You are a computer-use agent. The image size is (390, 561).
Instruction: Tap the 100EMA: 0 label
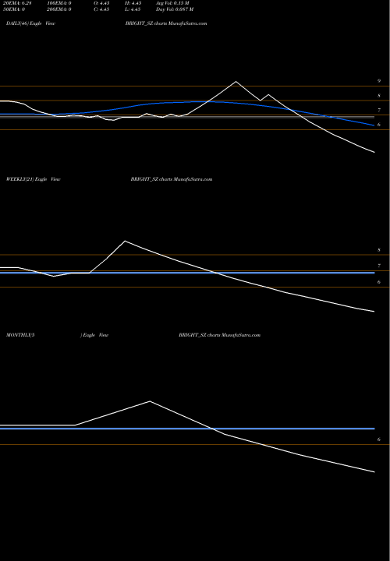click(x=60, y=5)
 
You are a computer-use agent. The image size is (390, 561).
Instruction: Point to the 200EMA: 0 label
click(x=60, y=12)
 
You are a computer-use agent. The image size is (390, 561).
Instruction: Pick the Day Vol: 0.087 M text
click(x=197, y=12)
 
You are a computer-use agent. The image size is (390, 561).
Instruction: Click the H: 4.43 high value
click(x=154, y=5)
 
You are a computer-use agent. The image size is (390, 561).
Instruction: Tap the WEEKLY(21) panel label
click(x=18, y=179)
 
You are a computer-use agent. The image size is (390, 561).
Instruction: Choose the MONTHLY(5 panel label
click(x=20, y=333)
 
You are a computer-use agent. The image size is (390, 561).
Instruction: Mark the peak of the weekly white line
click(x=125, y=241)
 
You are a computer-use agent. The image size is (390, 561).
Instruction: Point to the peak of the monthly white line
click(x=150, y=401)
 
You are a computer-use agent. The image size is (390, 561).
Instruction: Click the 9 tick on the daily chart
click(x=379, y=81)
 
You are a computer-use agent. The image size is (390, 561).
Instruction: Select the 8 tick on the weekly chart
click(x=378, y=251)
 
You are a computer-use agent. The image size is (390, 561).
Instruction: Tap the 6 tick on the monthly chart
click(x=378, y=440)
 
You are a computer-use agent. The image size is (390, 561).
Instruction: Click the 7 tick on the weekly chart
click(x=378, y=266)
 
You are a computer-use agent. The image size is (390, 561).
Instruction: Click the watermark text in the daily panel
click(x=165, y=25)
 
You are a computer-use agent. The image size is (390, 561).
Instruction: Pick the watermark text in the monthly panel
click(x=220, y=333)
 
